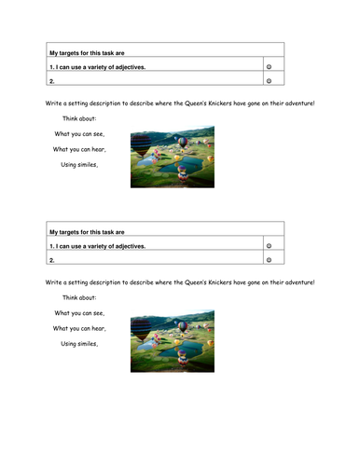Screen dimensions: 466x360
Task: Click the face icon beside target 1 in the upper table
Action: pos(269,67)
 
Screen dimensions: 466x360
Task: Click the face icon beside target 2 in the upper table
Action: pos(269,81)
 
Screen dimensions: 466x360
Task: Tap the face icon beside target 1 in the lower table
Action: pos(269,246)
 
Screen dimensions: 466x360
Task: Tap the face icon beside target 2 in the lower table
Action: pos(269,260)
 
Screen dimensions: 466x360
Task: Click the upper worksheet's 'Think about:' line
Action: pos(79,118)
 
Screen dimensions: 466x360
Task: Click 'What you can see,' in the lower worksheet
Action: pos(79,312)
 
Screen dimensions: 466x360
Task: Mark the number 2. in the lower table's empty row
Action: pos(52,260)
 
